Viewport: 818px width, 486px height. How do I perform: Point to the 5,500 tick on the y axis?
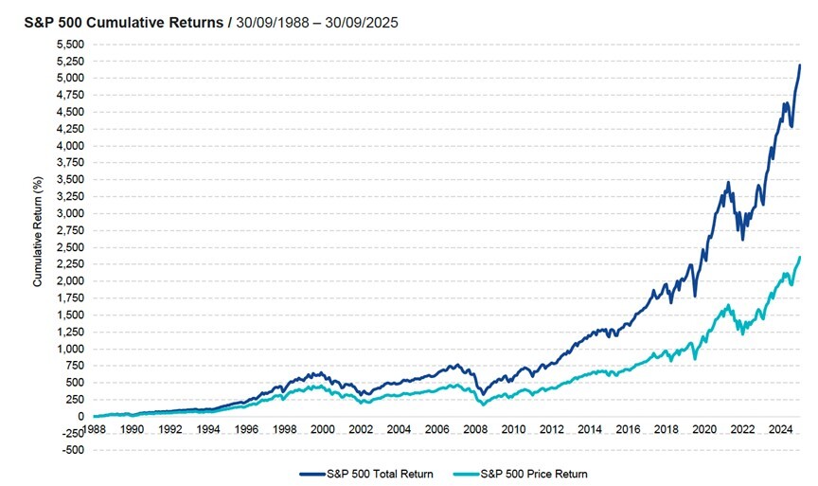pyautogui.click(x=72, y=45)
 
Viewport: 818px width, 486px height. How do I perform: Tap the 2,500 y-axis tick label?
pyautogui.click(x=72, y=247)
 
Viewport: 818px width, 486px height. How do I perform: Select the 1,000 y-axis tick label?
pyautogui.click(x=72, y=349)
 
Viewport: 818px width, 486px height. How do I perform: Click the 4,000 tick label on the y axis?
pyautogui.click(x=72, y=146)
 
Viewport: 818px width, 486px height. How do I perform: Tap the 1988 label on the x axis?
pyautogui.click(x=95, y=429)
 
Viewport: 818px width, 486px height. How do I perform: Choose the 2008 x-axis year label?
pyautogui.click(x=476, y=429)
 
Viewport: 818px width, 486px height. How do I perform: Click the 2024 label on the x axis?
pyautogui.click(x=782, y=429)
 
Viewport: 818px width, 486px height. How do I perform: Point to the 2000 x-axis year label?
pyautogui.click(x=324, y=429)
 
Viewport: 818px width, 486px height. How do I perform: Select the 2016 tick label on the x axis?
pyautogui.click(x=630, y=429)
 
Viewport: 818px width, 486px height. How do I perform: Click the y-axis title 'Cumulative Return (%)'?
pyautogui.click(x=38, y=230)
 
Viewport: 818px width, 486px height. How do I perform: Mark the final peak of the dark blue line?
pyautogui.click(x=800, y=64)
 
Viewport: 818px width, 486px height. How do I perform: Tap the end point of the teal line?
pyautogui.click(x=800, y=257)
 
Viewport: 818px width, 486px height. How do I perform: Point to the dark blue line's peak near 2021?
pyautogui.click(x=727, y=182)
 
